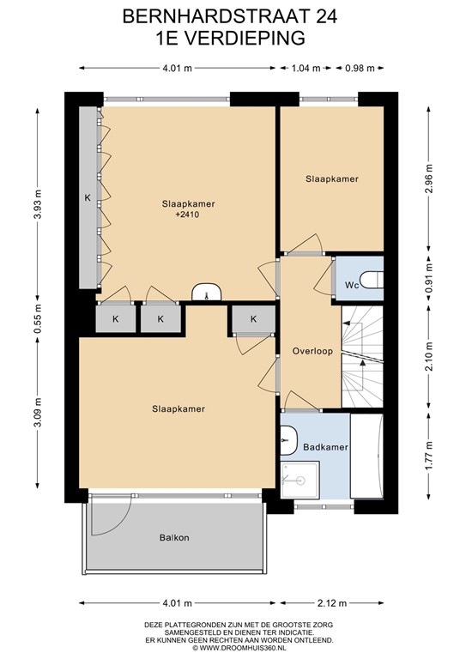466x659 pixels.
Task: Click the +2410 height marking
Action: tap(187, 216)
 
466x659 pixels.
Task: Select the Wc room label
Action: tap(352, 284)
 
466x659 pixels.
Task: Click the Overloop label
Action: tap(311, 351)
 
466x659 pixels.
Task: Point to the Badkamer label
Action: tap(325, 448)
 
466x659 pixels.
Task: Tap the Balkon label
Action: tap(173, 538)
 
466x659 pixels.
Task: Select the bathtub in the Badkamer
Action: tap(369, 456)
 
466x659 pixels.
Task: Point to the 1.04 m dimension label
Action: tap(306, 69)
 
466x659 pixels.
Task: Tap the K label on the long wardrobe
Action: tap(88, 198)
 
